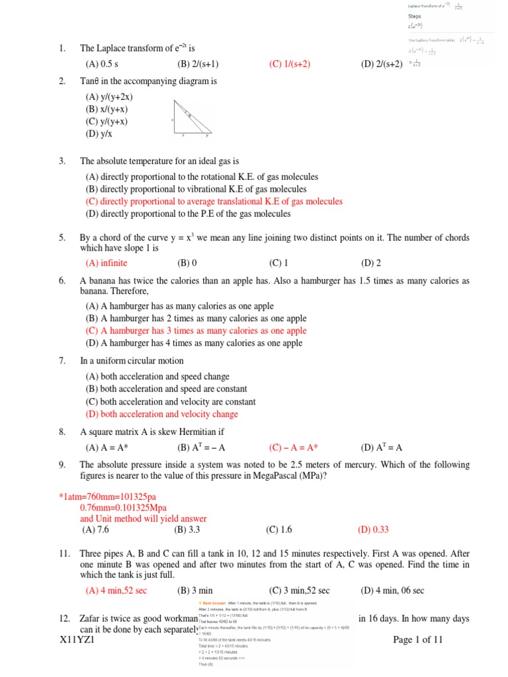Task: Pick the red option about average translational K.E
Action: (214, 202)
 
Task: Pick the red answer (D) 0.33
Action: (374, 530)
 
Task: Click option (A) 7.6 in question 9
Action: (97, 530)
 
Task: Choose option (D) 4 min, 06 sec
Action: (392, 590)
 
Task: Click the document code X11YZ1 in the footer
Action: (77, 640)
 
